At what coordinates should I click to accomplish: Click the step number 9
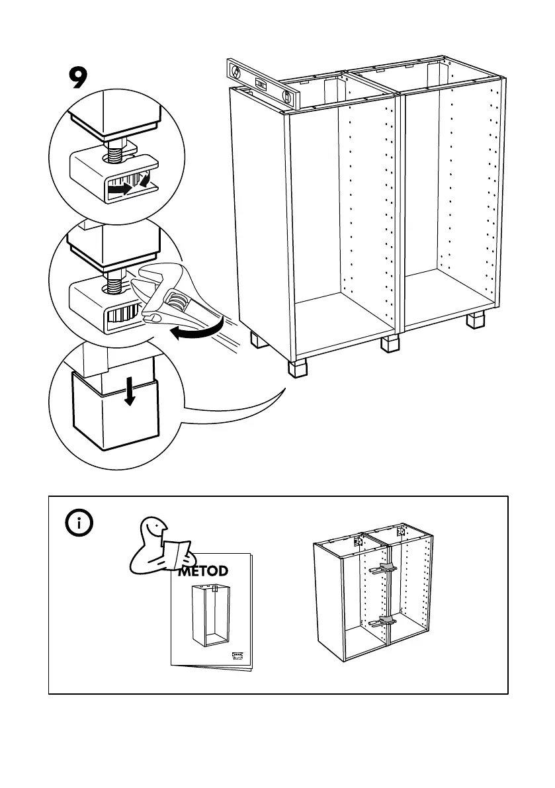(x=78, y=79)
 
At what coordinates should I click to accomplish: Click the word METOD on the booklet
(x=203, y=571)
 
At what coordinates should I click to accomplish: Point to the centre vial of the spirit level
(x=261, y=85)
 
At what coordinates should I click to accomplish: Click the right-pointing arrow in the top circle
(x=120, y=189)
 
